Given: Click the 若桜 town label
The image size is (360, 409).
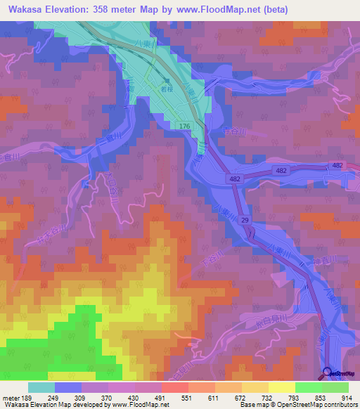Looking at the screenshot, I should (x=166, y=91).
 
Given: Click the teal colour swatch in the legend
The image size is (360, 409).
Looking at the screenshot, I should (x=41, y=387).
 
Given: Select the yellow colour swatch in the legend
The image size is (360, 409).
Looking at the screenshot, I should (x=281, y=387).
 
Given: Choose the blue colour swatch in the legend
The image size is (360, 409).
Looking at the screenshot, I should (x=67, y=387).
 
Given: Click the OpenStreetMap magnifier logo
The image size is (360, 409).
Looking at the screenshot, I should (x=328, y=372).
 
